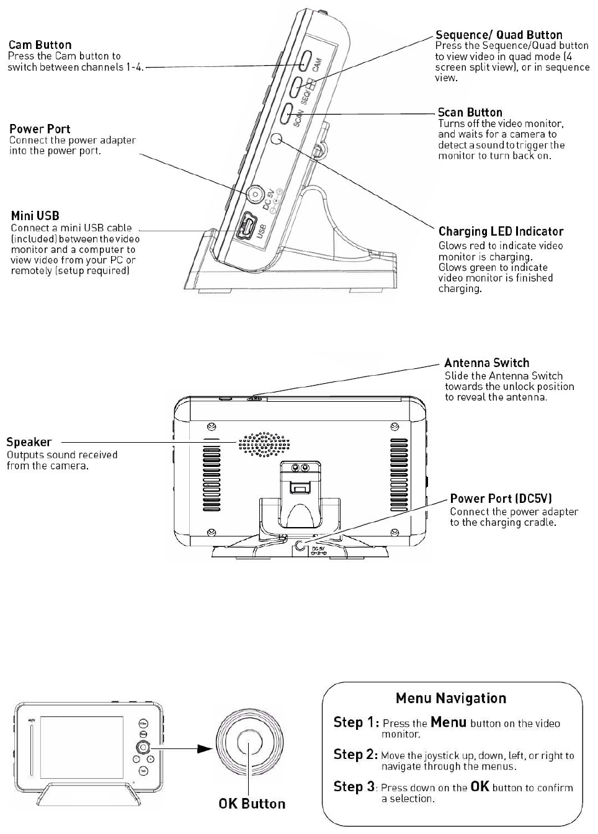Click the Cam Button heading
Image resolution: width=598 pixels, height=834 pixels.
pyautogui.click(x=40, y=45)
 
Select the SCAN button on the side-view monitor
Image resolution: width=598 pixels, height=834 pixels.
pyautogui.click(x=286, y=113)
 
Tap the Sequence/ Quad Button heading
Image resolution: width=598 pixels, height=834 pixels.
pyautogui.click(x=499, y=35)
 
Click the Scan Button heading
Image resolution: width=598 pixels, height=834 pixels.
pyautogui.click(x=470, y=112)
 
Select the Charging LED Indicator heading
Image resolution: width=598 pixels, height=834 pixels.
pyautogui.click(x=501, y=231)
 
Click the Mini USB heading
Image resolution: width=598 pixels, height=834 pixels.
pyautogui.click(x=35, y=216)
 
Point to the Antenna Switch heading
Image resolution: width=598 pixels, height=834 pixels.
pyautogui.click(x=486, y=363)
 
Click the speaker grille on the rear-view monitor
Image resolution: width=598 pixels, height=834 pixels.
pyautogui.click(x=264, y=443)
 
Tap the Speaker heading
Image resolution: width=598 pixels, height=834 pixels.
pyautogui.click(x=29, y=442)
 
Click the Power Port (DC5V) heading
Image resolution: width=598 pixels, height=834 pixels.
pyautogui.click(x=501, y=499)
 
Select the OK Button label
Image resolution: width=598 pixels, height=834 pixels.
pyautogui.click(x=252, y=804)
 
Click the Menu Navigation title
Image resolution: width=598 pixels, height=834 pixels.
pyautogui.click(x=451, y=698)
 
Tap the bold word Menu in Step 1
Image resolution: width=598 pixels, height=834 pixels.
pyautogui.click(x=448, y=722)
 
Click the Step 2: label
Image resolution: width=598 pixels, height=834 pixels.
pyautogui.click(x=355, y=755)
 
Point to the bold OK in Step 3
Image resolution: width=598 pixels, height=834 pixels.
pyautogui.click(x=480, y=786)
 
